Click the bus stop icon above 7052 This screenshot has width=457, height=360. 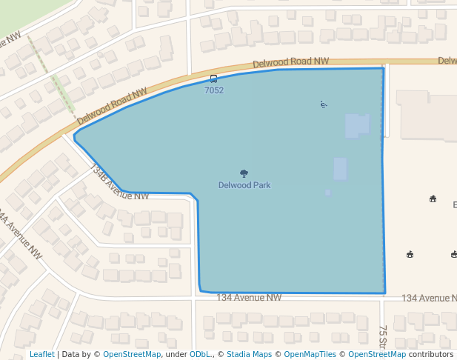coord(213,79)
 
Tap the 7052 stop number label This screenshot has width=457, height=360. coord(213,90)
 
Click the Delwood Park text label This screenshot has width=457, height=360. coord(244,184)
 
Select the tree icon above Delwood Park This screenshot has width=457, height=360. coord(244,174)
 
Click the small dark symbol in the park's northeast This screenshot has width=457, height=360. coord(323,104)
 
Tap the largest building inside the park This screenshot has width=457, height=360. coord(357,126)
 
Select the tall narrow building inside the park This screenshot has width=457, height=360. coord(340,169)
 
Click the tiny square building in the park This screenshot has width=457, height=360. coord(328,193)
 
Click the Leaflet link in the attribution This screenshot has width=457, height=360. coord(41,354)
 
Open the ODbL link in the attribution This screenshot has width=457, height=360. coord(200,354)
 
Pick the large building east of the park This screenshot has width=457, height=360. coord(425,115)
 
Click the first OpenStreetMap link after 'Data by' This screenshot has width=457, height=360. coord(131,354)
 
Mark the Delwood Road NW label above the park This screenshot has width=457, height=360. coord(290,64)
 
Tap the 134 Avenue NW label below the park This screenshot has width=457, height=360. coord(249,298)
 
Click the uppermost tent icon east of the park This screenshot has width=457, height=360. coord(433,199)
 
